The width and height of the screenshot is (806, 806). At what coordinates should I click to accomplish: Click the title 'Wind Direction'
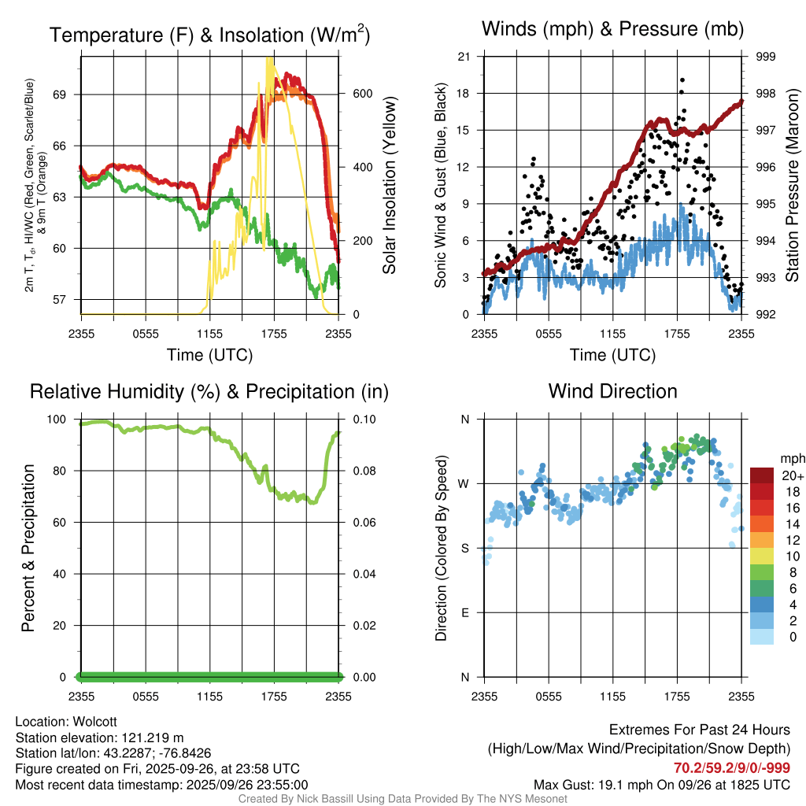[612, 391]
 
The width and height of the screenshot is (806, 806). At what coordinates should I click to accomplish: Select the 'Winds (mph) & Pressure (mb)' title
[612, 30]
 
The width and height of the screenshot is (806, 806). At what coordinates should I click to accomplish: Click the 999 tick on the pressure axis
[766, 57]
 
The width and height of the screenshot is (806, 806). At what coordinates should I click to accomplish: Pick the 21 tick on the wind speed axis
[464, 57]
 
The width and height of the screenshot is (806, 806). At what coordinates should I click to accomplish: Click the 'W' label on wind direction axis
[464, 484]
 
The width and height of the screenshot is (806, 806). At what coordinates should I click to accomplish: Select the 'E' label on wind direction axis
[465, 612]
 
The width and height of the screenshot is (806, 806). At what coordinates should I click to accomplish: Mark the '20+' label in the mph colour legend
[791, 476]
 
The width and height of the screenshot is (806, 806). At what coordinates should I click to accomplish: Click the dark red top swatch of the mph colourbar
[762, 475]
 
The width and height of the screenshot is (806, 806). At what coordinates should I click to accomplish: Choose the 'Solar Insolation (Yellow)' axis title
[390, 185]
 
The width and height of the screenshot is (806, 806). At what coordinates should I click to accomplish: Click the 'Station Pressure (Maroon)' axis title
[793, 185]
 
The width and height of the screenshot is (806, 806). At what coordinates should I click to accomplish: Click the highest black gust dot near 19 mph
[682, 80]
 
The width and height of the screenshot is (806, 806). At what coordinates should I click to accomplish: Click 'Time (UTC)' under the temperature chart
[209, 355]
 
